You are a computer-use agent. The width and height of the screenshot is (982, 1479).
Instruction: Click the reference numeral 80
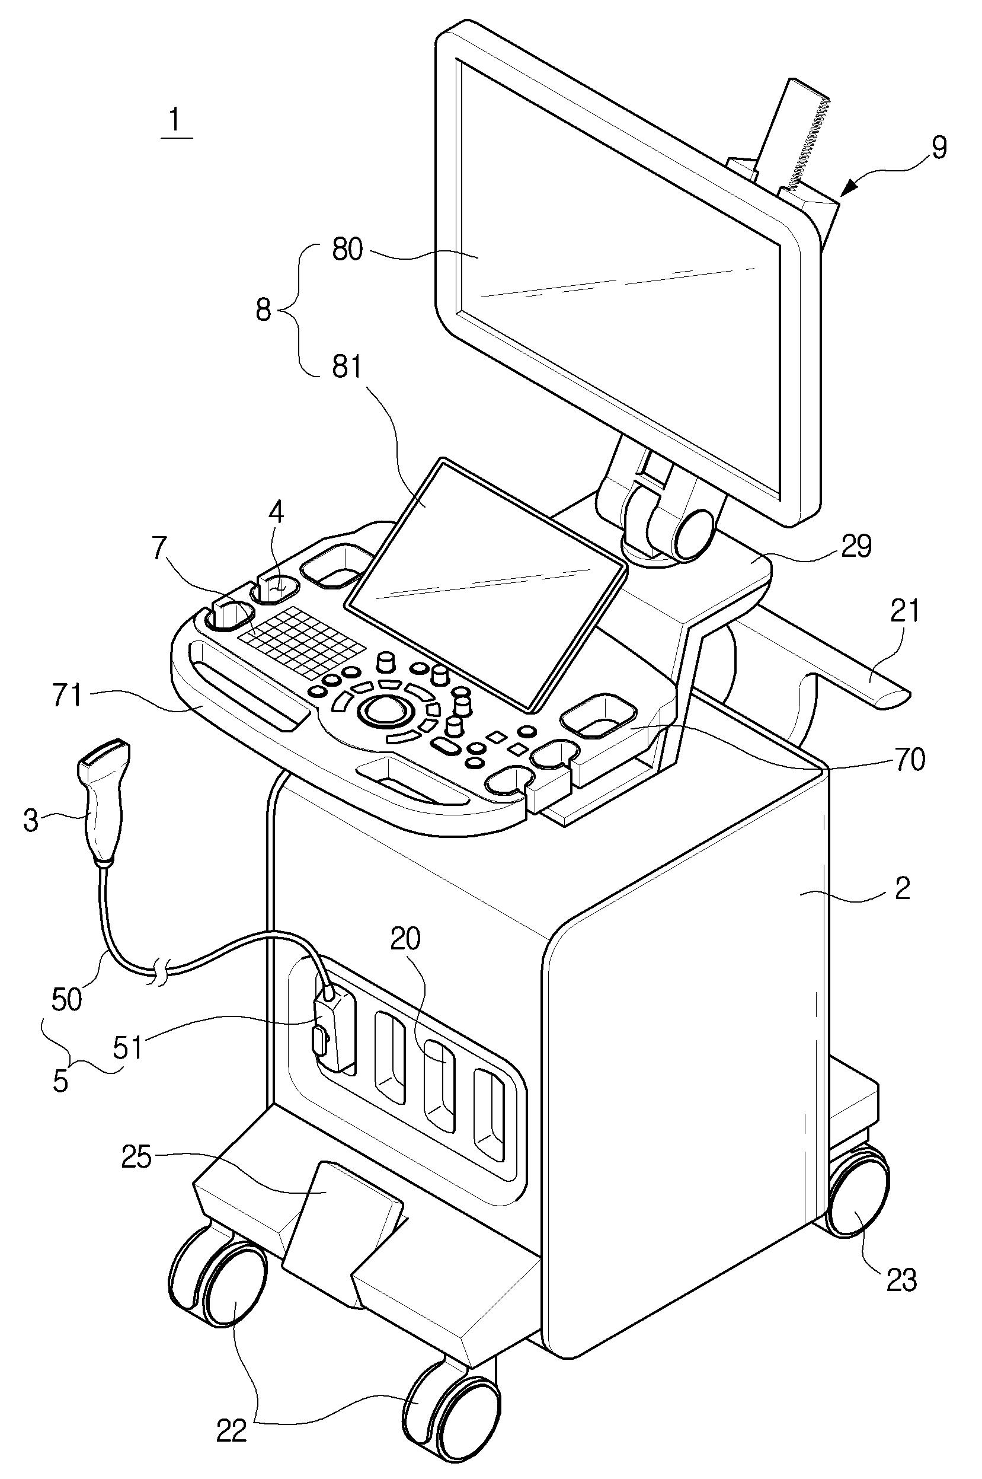346,251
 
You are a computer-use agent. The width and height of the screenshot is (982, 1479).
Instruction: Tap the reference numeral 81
346,368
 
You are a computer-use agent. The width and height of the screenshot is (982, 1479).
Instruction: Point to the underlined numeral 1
176,120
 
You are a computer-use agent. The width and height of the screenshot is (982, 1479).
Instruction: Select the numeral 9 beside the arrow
938,147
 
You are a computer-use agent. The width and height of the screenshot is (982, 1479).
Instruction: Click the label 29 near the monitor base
854,547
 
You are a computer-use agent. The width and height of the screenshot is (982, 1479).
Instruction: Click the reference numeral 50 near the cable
67,999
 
